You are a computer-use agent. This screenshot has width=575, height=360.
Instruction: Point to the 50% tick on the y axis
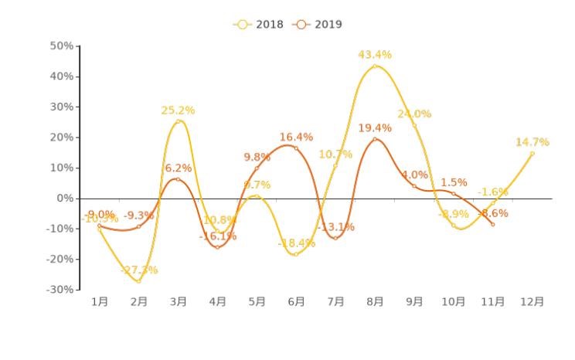click(x=62, y=46)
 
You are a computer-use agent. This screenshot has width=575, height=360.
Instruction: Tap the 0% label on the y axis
click(x=66, y=199)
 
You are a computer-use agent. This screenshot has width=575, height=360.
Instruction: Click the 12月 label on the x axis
click(x=531, y=302)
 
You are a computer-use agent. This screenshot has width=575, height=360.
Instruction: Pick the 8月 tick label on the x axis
click(x=375, y=302)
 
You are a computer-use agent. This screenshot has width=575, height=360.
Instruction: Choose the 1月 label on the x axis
click(x=100, y=302)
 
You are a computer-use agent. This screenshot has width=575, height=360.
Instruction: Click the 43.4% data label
click(x=375, y=55)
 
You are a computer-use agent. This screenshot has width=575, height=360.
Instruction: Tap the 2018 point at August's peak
click(x=375, y=66)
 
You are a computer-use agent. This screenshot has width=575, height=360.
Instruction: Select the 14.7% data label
click(x=532, y=142)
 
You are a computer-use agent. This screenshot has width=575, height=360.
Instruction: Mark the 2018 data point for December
click(x=532, y=154)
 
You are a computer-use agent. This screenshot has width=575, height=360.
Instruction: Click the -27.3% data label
click(x=139, y=270)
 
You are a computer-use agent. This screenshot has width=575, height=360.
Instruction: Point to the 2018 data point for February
click(x=139, y=281)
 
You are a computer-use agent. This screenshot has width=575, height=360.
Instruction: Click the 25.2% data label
click(x=178, y=110)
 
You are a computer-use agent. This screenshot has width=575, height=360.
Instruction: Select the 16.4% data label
click(x=296, y=138)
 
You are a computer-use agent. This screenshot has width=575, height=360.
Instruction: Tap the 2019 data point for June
click(x=296, y=148)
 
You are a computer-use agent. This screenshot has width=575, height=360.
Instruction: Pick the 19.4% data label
click(x=375, y=127)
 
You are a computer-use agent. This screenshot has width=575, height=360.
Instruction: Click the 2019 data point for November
click(x=492, y=224)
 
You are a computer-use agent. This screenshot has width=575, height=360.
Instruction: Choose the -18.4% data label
click(x=296, y=243)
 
